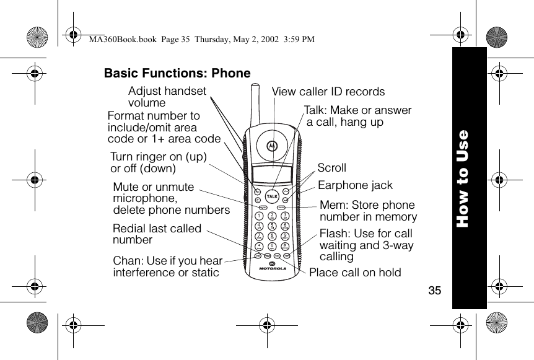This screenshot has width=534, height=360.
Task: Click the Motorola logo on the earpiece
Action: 270,146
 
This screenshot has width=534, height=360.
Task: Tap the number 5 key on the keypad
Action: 271,226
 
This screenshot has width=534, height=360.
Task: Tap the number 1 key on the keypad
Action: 258,216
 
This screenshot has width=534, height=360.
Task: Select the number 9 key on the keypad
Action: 284,236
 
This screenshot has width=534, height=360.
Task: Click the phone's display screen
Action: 271,175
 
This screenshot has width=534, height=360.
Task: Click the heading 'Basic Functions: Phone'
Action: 177,74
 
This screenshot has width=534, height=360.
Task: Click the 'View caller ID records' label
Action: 328,92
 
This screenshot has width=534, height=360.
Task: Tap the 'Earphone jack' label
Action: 355,185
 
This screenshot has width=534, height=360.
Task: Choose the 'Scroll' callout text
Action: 332,168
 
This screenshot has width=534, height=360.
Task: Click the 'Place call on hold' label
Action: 355,273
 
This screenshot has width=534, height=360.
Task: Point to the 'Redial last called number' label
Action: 157,234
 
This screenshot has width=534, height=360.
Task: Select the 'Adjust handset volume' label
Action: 167,97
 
